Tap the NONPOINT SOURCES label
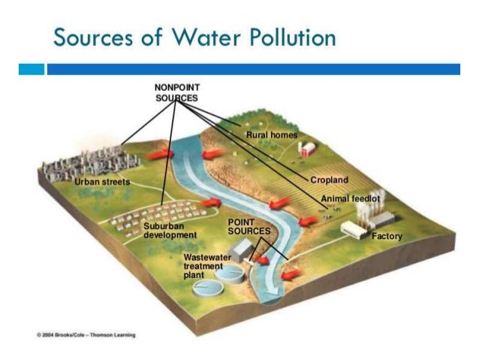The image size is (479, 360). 176,92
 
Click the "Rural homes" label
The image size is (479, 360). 272,135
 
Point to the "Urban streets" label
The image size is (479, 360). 101,183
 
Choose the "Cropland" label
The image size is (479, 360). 330,180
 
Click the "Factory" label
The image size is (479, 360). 387,236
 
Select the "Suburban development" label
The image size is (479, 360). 169,230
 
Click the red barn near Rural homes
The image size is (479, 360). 306,148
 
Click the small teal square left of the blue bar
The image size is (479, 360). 32,69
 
